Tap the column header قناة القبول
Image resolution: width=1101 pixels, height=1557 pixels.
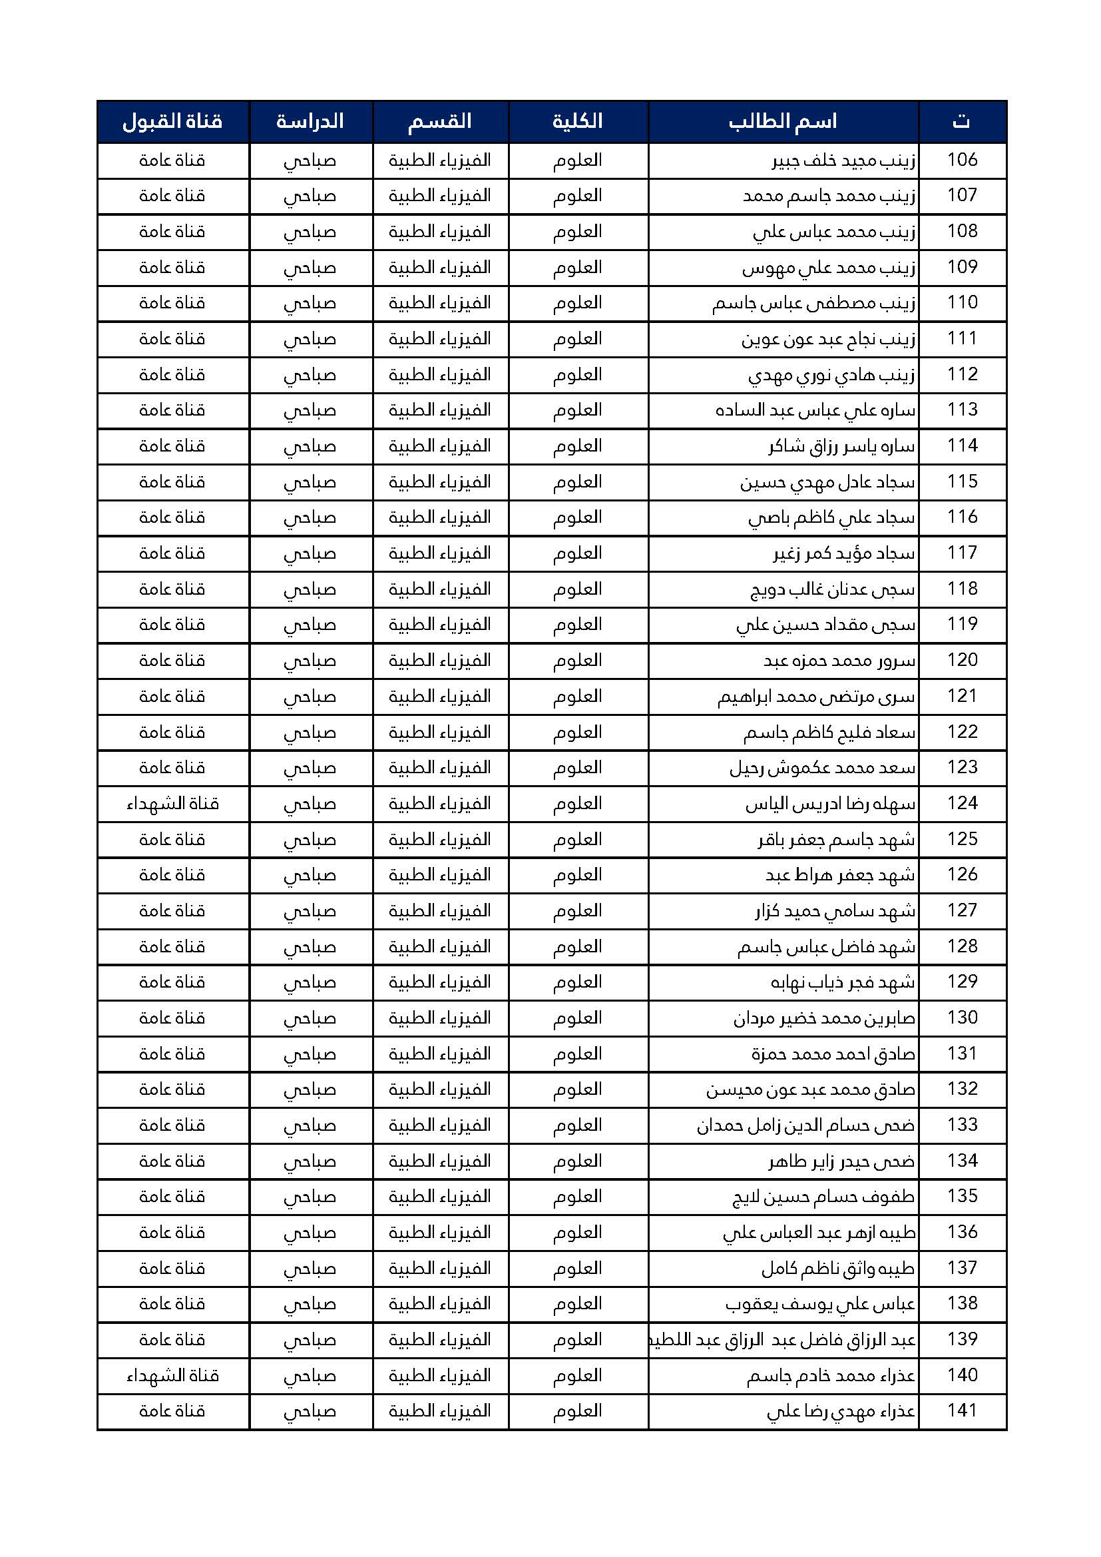point(172,121)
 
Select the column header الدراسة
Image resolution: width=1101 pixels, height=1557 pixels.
point(310,121)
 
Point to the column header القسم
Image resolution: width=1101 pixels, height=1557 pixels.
point(439,121)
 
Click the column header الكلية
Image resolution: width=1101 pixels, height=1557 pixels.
point(578,121)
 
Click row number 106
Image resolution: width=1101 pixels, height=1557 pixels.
point(962,160)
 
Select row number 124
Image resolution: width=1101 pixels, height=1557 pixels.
point(962,804)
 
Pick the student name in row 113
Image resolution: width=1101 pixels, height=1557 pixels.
point(815,410)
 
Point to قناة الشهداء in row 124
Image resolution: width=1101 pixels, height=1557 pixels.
point(172,804)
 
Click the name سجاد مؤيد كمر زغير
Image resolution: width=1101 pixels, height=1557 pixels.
point(844,553)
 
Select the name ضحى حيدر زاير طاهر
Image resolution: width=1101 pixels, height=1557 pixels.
point(841,1161)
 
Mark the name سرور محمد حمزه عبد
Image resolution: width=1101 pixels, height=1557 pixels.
point(839,661)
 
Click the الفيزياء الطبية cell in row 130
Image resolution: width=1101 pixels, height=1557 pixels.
point(439,1018)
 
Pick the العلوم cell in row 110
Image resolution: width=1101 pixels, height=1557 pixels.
point(578,303)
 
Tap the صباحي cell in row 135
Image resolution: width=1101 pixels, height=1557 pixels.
point(310,1197)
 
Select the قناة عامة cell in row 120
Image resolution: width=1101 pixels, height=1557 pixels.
point(172,661)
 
